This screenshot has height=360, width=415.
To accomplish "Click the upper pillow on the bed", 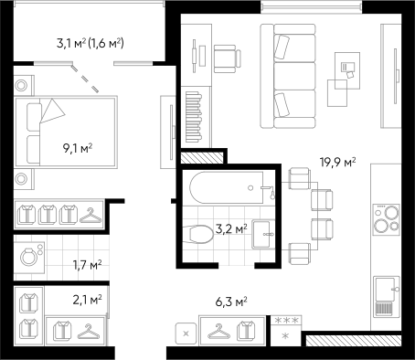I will pos(34,117).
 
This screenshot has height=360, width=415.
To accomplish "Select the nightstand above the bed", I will pos(21,86).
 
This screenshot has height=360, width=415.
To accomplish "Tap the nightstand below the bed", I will pos(21,178).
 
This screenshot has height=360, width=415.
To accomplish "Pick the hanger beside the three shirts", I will pos(90,216).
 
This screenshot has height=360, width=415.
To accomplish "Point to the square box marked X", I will pos(186,334).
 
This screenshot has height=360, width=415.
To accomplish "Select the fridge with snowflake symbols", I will pos(286,330).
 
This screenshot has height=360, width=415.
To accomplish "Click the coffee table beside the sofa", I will pos(344,79).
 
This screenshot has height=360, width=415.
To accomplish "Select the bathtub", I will pos(229,188).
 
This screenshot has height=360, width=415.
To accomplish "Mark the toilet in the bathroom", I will pos(197,234).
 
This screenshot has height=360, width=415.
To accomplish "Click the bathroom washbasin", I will pos(264,234).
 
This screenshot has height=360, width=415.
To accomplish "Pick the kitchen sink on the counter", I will pos(386,296).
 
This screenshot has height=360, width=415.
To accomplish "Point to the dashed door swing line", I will pos(85,79).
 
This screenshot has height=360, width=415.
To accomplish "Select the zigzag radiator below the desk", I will pos(195,116).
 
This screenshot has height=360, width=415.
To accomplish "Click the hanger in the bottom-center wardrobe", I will pos(218,331).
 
